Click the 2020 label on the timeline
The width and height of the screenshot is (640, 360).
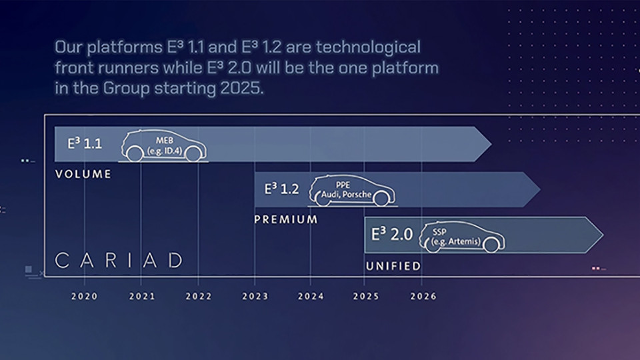coord(85,296)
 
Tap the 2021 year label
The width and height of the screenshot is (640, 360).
coord(142,296)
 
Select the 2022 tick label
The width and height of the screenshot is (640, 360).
coord(199,296)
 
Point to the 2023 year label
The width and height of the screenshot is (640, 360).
coord(255,296)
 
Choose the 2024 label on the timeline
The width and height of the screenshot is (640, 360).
coord(311,296)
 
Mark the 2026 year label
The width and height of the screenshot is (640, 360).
coord(423,296)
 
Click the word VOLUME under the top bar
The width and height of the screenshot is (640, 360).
coord(83,174)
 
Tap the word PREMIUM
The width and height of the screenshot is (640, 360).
coord(286,219)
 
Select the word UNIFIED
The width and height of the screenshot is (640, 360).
coord(393,266)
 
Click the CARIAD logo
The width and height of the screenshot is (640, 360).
coord(119,261)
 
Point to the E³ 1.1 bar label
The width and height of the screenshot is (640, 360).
coord(85,143)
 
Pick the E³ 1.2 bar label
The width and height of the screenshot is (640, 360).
coord(281,189)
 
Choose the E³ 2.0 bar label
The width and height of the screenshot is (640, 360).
coord(392,234)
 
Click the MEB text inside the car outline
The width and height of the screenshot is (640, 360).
coord(165,141)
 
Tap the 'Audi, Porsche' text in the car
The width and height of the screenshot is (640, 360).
coord(346,194)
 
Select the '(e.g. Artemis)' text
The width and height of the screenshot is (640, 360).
coord(456,241)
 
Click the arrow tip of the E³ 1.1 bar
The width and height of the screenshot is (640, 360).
coord(491,144)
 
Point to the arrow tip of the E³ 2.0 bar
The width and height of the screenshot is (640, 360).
coord(603,235)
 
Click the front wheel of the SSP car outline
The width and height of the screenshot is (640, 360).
coord(491,245)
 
